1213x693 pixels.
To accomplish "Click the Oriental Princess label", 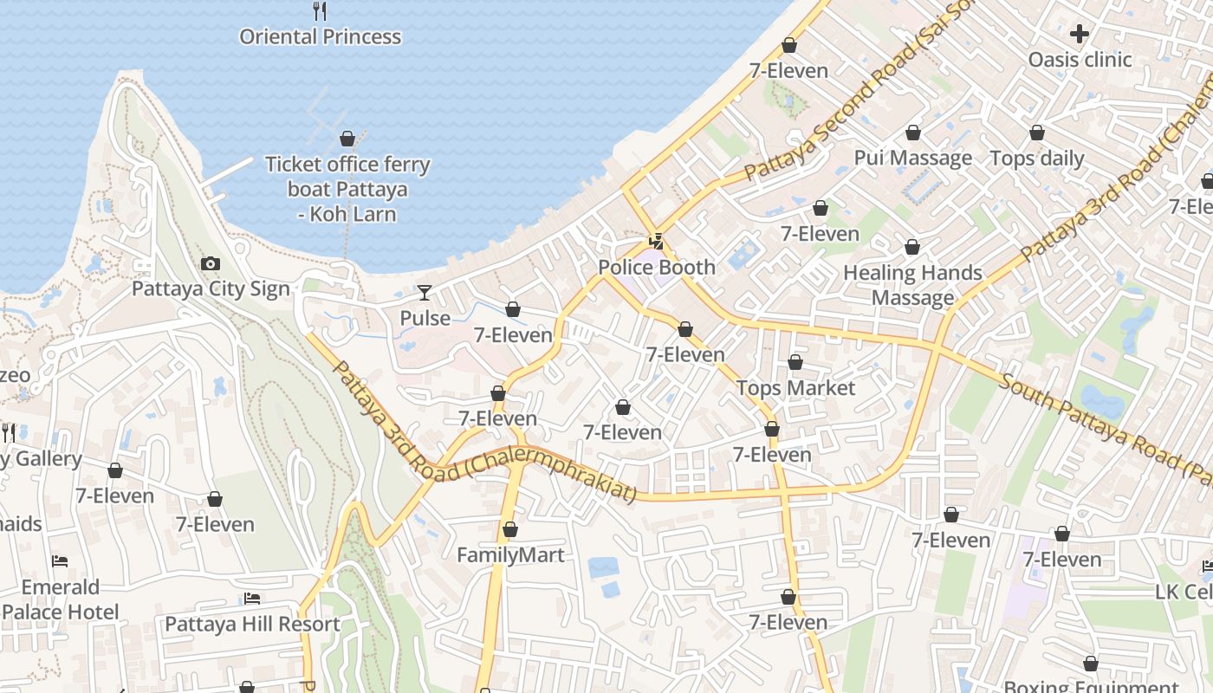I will point(320,37).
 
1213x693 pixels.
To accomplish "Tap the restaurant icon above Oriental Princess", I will point(320,11).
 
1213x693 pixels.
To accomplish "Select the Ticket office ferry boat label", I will point(347,189).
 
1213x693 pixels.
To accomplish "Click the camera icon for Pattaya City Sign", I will point(210,263).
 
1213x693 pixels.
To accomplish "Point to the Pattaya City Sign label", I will point(210,288).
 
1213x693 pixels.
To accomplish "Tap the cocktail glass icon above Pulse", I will point(424,293).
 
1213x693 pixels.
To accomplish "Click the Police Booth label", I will point(657,268).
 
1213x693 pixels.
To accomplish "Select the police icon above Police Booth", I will point(657,242).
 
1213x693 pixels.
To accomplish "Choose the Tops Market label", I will point(795,388).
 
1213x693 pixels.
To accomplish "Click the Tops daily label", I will point(1036,159).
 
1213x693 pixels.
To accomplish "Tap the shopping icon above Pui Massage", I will point(912,133).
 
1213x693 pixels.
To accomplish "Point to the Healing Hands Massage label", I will point(912,285).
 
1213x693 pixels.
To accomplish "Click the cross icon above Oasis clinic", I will point(1079,34).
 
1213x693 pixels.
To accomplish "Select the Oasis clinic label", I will point(1079,60).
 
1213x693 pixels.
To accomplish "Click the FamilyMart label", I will point(510,555).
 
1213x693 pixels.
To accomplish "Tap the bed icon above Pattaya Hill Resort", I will point(252,599).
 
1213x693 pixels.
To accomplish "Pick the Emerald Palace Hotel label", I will point(60,599).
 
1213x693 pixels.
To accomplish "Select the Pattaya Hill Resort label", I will point(252,624).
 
